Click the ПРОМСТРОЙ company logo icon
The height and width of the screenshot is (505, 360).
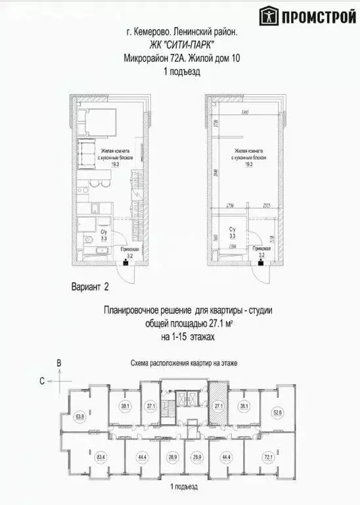click(x=268, y=14)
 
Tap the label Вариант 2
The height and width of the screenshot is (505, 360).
click(x=88, y=287)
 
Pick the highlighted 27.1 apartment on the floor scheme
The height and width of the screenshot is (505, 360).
click(x=218, y=406)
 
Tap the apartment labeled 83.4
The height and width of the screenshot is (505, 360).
click(x=81, y=455)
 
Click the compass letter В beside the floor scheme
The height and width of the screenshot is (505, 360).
click(x=58, y=362)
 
